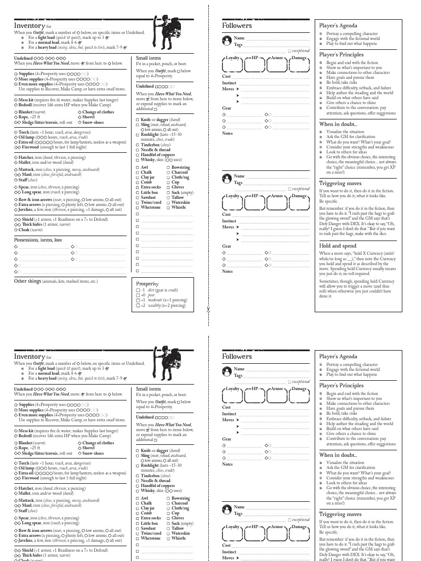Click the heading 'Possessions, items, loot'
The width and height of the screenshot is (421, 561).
pyautogui.click(x=38, y=239)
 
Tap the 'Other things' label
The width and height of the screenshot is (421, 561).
pyautogui.click(x=27, y=281)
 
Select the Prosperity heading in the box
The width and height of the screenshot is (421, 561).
pyautogui.click(x=147, y=284)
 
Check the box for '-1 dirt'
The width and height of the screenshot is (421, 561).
pyautogui.click(x=138, y=290)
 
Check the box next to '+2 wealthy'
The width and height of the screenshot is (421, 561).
pyautogui.click(x=138, y=305)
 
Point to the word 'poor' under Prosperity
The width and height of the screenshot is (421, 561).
pyautogui.click(x=152, y=295)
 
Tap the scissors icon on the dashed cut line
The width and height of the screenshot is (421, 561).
pyautogui.click(x=208, y=310)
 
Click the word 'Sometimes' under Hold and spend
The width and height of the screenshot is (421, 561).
pyautogui.click(x=330, y=281)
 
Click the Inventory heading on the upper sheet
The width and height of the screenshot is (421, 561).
pyautogui.click(x=29, y=25)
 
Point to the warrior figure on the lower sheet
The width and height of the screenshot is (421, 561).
pyautogui.click(x=163, y=364)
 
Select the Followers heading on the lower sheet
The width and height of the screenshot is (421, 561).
pyautogui.click(x=237, y=356)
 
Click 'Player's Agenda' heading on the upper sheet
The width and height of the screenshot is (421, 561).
pyautogui.click(x=338, y=25)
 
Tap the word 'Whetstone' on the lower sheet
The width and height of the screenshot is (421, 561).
pyautogui.click(x=151, y=538)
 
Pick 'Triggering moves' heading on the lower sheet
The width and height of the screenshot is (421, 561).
pyautogui.click(x=340, y=514)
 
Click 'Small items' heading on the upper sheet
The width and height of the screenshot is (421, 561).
pyautogui.click(x=148, y=58)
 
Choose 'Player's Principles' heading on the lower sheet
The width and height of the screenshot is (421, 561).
pyautogui.click(x=341, y=386)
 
